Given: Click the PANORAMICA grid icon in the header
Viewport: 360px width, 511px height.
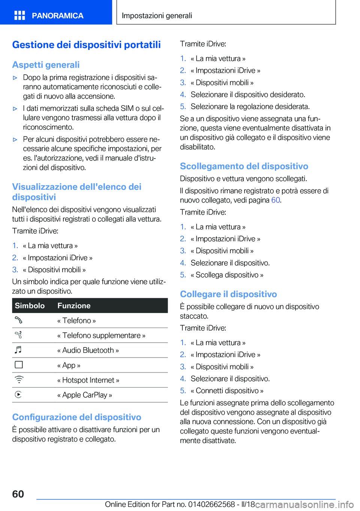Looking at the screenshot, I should click(19, 15).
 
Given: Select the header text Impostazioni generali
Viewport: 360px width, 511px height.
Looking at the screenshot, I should click(157, 16).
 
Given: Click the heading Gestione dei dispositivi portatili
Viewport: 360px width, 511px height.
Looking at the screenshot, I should click(86, 45).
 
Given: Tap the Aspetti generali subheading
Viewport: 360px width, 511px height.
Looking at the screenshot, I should click(46, 65).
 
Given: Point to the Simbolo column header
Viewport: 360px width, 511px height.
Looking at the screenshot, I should click(30, 306).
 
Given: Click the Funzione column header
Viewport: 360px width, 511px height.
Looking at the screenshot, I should click(74, 306).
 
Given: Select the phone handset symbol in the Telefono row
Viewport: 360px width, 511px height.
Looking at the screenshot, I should click(19, 320).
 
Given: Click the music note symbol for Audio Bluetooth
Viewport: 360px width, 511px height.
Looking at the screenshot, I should click(18, 350).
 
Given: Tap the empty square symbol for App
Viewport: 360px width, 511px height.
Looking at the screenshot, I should click(19, 365).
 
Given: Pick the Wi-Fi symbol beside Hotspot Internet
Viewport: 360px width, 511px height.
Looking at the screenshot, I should click(19, 380).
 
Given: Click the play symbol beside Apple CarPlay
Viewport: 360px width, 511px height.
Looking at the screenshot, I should click(18, 395).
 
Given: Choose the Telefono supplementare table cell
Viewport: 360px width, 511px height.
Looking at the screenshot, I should click(101, 335).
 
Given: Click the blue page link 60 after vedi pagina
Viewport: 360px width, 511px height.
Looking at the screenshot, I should click(276, 200).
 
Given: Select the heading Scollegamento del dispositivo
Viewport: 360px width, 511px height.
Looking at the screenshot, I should click(244, 166).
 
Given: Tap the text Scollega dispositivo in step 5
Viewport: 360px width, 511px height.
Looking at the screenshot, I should click(227, 275).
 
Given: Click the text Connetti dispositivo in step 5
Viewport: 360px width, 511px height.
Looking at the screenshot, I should click(227, 391).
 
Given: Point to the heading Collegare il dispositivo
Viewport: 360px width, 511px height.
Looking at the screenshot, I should click(228, 294).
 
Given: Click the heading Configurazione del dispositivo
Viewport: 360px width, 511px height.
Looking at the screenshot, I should click(76, 417).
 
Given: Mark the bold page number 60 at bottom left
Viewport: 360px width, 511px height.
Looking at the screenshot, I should click(18, 494).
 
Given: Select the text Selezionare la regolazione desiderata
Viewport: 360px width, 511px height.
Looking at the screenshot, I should click(250, 107).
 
